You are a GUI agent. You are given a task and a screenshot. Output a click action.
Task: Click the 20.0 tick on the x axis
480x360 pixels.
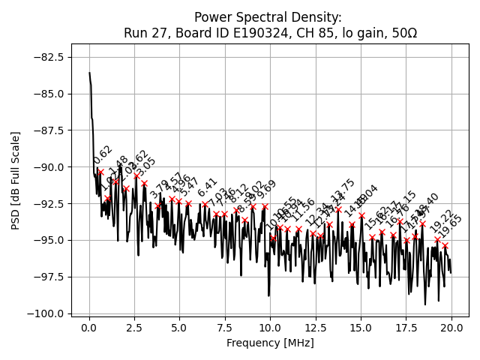(x=451, y=328)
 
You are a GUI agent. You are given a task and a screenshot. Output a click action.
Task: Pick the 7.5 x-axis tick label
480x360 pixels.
(x=225, y=328)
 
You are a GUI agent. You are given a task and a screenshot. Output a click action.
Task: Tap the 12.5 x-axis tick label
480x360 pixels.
(x=316, y=328)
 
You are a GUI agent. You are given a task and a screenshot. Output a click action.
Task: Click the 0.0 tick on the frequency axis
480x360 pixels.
(x=89, y=328)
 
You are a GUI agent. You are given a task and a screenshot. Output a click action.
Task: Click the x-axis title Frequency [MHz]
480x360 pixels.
(x=270, y=343)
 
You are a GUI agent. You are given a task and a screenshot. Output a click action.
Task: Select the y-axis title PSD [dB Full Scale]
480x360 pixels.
(x=16, y=180)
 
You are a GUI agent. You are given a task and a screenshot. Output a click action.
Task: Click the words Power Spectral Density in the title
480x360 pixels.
(x=268, y=17)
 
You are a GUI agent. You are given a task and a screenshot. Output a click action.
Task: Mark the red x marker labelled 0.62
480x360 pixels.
(x=100, y=172)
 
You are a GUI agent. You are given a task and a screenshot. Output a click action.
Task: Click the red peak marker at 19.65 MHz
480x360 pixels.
(x=445, y=245)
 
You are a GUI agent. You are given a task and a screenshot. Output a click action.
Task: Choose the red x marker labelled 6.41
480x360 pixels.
(x=205, y=204)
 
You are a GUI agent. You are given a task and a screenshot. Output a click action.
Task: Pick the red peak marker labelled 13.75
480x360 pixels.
(x=338, y=209)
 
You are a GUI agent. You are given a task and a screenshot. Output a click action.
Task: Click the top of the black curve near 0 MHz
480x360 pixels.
(x=89, y=73)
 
